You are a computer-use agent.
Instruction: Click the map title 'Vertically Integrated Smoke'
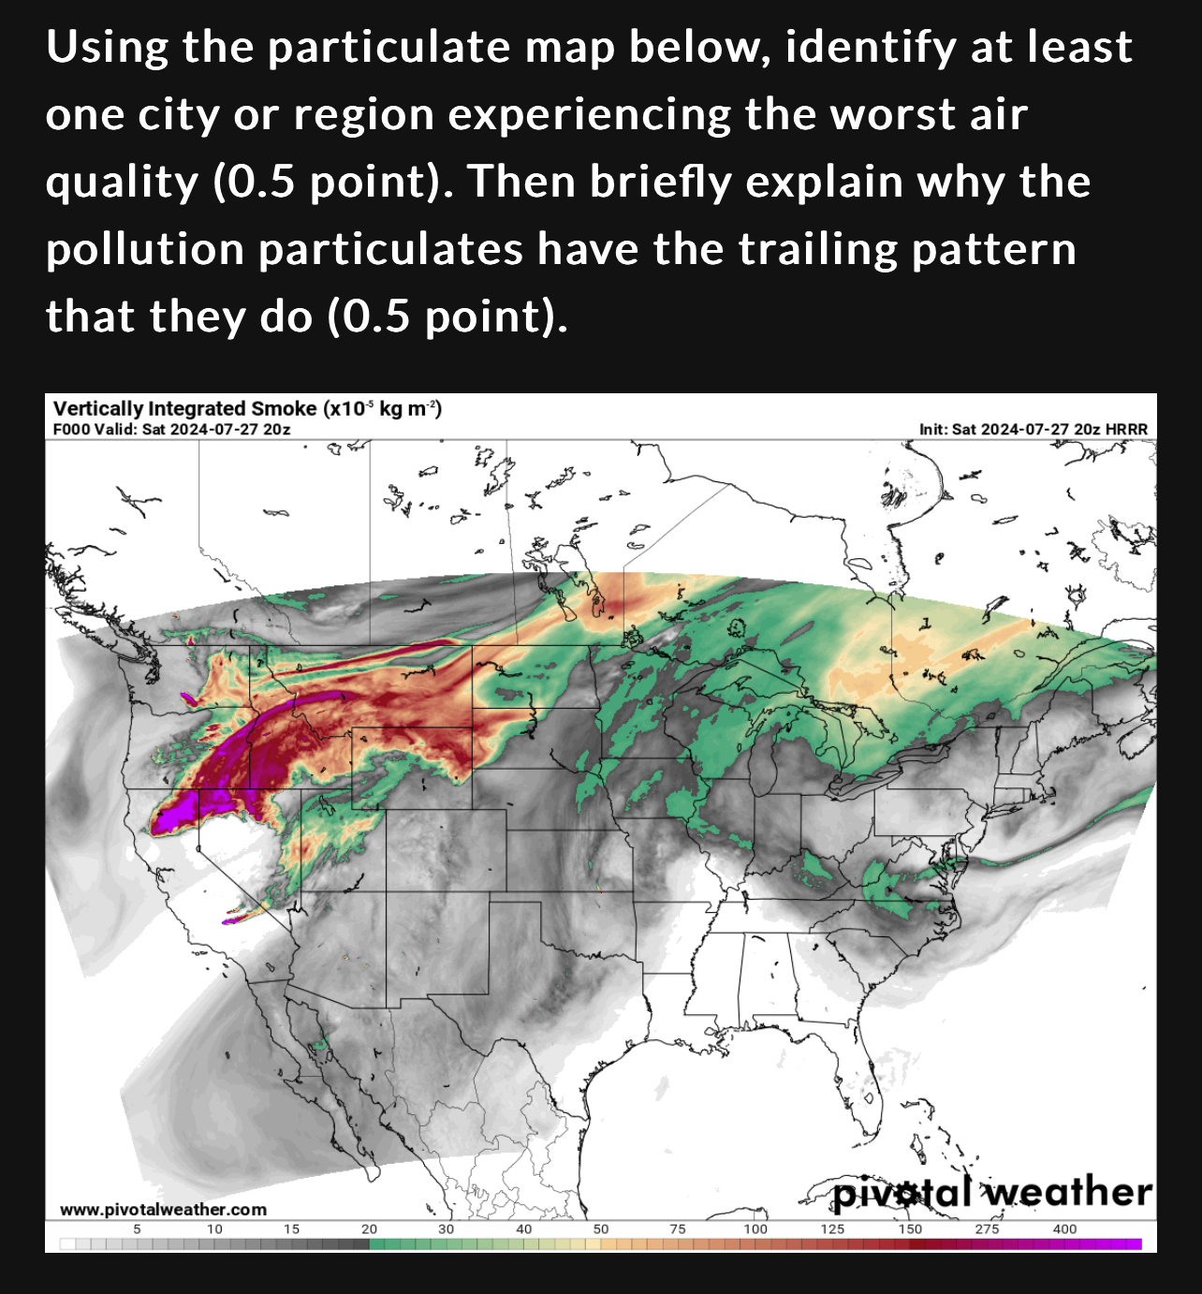click(185, 408)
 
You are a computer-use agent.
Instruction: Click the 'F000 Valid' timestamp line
click(171, 429)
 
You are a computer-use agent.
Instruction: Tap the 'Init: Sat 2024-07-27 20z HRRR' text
click(1033, 429)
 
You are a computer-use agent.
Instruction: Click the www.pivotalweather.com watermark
click(163, 1210)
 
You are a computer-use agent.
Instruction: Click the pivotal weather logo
click(992, 1193)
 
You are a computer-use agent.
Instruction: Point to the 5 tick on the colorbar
click(138, 1228)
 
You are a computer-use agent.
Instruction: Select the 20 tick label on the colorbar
click(369, 1228)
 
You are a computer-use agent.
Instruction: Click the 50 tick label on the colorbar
click(601, 1228)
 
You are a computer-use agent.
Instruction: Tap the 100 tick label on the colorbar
click(755, 1228)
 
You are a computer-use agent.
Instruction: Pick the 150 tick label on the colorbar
click(910, 1228)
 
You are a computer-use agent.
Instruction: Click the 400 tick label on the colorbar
click(1064, 1228)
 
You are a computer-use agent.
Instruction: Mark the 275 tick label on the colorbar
click(987, 1228)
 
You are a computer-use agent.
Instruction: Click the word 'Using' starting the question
click(106, 47)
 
